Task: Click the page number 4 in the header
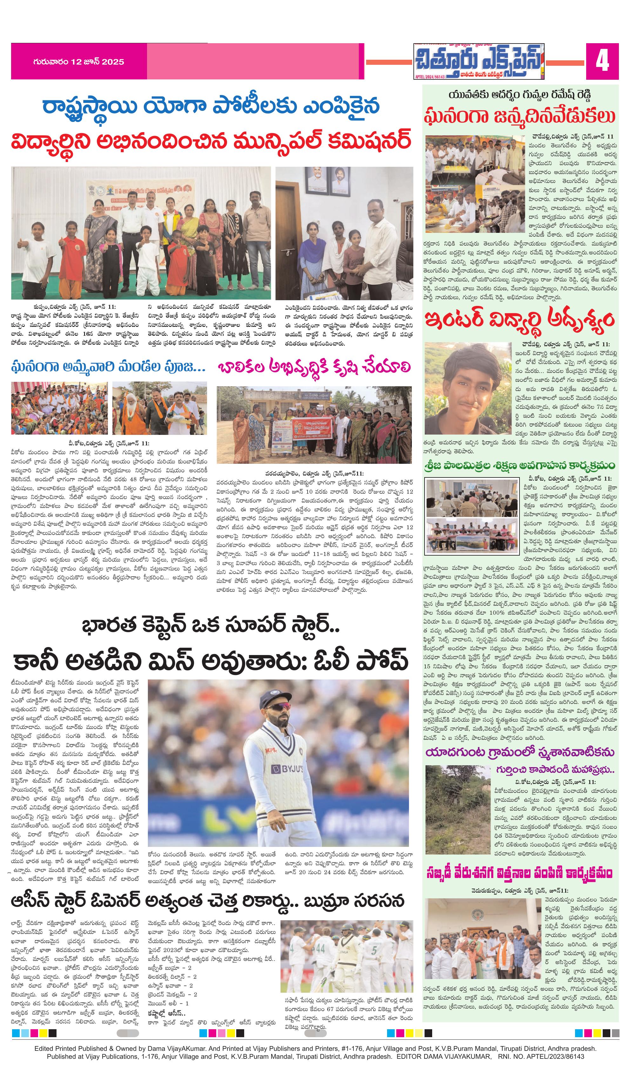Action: coord(602,61)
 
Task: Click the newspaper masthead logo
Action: coord(478,62)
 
